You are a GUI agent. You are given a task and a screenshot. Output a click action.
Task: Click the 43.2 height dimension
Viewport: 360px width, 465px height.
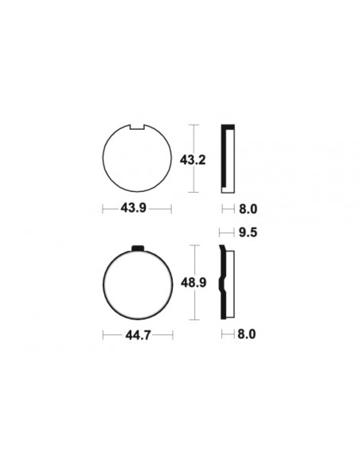pos(193,160)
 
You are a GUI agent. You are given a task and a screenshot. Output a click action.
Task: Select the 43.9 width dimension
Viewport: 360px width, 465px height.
pos(137,209)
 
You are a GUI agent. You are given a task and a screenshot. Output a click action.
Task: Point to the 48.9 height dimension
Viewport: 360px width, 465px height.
pos(193,283)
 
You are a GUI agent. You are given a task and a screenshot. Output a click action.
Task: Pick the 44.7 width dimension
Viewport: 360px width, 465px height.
pos(136,335)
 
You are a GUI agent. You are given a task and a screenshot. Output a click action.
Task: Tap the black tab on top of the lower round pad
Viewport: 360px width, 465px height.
pos(137,248)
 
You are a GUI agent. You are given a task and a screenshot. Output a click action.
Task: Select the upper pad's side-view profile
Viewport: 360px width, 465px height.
pos(229,159)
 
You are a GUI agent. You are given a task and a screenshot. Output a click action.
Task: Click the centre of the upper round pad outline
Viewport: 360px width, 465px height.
pos(137,159)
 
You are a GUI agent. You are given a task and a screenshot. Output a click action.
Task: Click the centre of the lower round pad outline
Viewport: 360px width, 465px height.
pos(137,283)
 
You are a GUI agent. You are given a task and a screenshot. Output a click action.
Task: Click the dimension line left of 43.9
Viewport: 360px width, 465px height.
pos(111,209)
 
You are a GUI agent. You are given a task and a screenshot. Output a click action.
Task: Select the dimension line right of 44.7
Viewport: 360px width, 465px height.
pos(162,335)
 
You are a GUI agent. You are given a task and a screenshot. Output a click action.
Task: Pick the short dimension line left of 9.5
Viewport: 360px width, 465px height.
pos(226,233)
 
